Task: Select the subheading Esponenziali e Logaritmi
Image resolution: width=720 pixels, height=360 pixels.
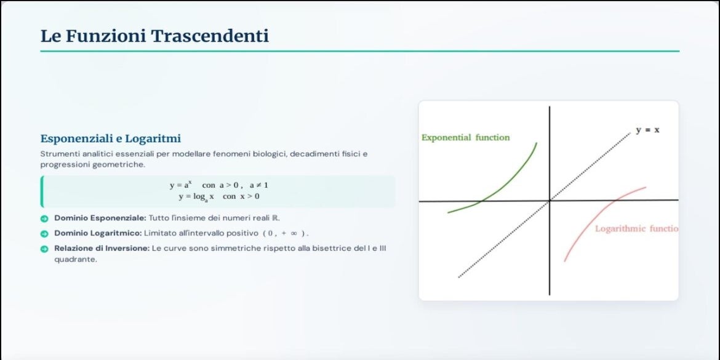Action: [111, 138]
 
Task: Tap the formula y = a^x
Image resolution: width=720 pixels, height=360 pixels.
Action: [180, 185]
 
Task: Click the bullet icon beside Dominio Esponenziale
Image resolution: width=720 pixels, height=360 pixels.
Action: [44, 218]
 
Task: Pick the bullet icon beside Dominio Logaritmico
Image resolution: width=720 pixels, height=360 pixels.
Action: [44, 234]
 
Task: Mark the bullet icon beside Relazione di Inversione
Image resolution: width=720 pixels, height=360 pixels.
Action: [44, 249]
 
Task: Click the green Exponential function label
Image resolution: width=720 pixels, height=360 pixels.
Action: [466, 137]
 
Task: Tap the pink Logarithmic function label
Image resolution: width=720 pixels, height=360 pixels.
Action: [636, 229]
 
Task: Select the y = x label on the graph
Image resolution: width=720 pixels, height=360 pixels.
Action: [647, 130]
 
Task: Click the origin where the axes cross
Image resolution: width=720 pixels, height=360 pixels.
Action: [550, 201]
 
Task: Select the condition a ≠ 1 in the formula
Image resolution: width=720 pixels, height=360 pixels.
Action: [259, 185]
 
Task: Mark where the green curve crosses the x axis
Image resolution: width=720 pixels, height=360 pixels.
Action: [481, 201]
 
